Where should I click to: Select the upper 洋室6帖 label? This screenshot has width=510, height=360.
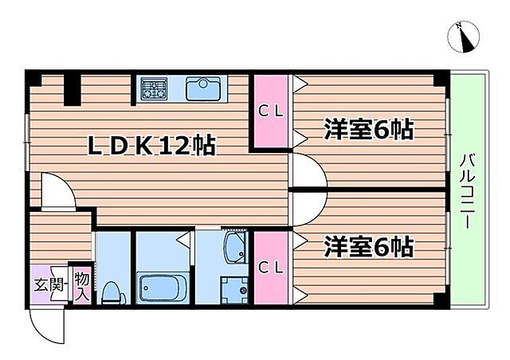click(x=368, y=130)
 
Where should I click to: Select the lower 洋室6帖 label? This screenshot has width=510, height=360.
click(x=368, y=247)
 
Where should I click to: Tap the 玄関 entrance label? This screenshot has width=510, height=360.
click(x=46, y=283)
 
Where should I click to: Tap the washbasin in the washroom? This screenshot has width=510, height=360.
click(x=236, y=248)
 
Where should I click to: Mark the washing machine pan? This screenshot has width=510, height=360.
click(x=235, y=291)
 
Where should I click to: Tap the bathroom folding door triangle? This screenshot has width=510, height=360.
click(x=182, y=237)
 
